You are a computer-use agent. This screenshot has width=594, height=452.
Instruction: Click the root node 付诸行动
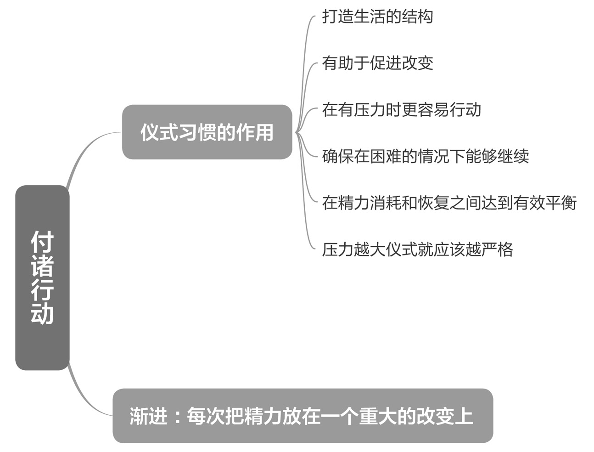[42, 277]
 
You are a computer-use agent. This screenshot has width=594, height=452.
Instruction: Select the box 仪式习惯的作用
[207, 132]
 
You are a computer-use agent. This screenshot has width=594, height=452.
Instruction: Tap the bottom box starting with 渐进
[303, 416]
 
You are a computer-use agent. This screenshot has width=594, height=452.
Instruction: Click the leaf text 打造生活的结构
[377, 16]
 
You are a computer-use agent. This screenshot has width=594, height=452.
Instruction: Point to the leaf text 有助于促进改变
[377, 63]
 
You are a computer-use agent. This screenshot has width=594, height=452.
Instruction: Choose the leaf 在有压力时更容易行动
[401, 110]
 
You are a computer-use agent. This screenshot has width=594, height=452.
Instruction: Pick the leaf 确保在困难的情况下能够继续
[425, 156]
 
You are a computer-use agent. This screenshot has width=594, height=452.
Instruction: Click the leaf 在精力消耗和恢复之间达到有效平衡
[449, 203]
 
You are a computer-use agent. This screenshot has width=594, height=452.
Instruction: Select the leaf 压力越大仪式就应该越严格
[417, 249]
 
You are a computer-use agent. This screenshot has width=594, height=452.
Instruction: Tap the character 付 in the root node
[42, 242]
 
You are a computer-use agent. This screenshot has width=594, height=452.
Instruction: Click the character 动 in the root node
[42, 313]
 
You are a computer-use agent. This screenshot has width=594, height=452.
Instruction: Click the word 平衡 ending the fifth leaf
[560, 203]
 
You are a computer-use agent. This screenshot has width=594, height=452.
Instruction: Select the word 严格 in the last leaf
[497, 249]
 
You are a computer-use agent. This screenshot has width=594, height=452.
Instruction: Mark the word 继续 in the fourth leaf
[513, 156]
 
